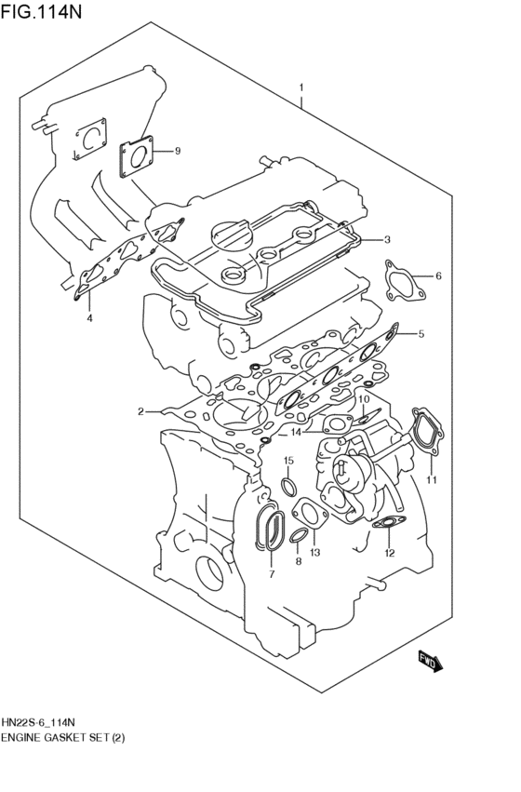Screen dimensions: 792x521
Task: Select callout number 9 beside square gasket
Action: (x=178, y=151)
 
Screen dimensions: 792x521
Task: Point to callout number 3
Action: (x=388, y=239)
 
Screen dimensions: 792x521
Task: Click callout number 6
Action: (x=438, y=276)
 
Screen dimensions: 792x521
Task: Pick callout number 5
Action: (x=421, y=333)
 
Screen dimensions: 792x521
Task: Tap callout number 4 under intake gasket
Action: (x=89, y=319)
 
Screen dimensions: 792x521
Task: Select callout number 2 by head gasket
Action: (x=141, y=410)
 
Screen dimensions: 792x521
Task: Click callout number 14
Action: (x=295, y=432)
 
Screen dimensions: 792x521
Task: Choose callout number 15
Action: (x=288, y=461)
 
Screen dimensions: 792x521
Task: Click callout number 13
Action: (x=314, y=553)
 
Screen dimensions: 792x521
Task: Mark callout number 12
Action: (x=390, y=553)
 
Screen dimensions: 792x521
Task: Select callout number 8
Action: (x=298, y=562)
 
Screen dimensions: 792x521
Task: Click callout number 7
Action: (x=271, y=574)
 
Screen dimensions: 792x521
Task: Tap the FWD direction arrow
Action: (x=429, y=660)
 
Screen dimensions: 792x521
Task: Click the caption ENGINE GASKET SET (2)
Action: (x=62, y=737)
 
